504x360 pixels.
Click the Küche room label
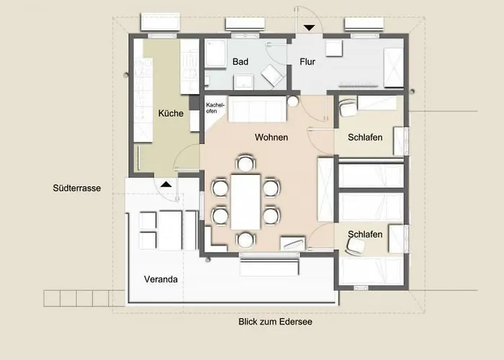coord(171,113)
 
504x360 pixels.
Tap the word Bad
coord(240,62)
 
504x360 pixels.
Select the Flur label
coord(307,62)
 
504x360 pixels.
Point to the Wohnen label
coord(271,138)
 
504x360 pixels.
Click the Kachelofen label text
coord(215,108)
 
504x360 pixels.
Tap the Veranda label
coord(161,279)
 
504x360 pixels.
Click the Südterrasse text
coord(77,188)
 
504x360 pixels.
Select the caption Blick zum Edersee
coord(275,322)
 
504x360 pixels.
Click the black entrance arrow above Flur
coord(309,28)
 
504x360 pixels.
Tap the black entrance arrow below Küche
coord(166,184)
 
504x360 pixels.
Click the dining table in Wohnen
coord(246,202)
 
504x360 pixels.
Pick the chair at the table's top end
coord(246,163)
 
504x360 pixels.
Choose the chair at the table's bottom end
coord(246,240)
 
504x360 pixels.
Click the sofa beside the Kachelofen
coord(257,109)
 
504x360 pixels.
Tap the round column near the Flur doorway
coord(293,102)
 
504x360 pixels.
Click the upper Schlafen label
coord(365,138)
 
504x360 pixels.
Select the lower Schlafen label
coord(365,234)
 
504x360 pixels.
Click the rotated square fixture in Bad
coord(272,76)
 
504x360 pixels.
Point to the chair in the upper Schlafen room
coord(348,108)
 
